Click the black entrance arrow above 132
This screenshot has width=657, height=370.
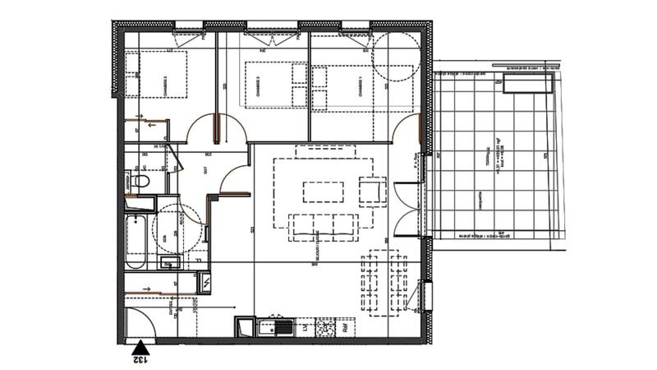tap(140, 346)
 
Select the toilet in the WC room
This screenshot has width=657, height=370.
tap(140, 181)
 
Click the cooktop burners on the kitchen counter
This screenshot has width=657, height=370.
tap(325, 328)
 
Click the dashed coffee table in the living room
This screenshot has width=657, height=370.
tap(325, 191)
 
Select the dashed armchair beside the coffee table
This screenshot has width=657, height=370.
tap(370, 191)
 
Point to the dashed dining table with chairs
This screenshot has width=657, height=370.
tap(384, 282)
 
